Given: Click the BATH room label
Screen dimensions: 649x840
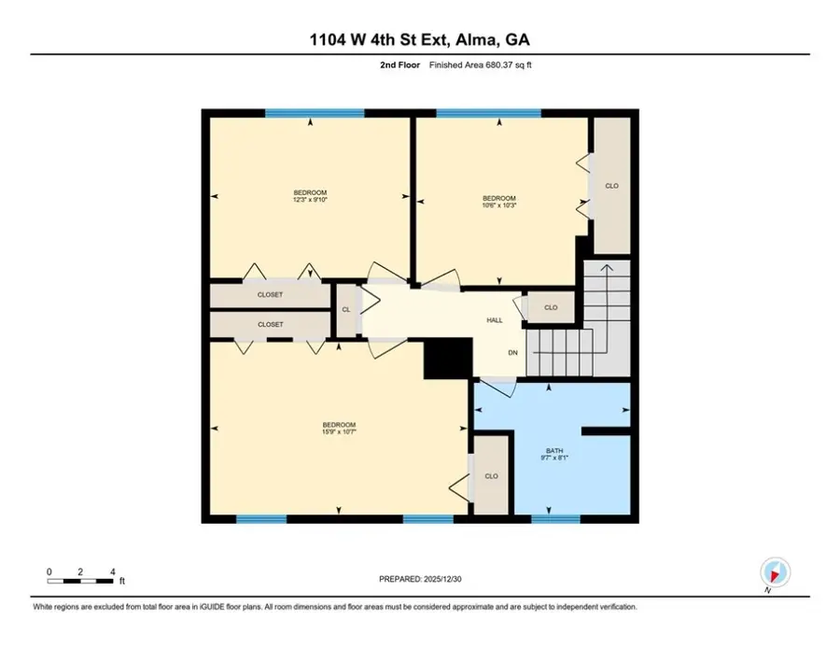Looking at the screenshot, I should coord(554,455).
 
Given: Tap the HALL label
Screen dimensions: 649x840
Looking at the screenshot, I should coord(494,320).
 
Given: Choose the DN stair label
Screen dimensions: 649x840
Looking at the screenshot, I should coord(512,353).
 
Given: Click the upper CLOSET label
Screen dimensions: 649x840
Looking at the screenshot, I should coord(270,295).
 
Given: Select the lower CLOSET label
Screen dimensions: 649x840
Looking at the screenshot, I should coord(270,324).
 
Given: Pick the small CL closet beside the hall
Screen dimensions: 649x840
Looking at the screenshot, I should coord(345,309).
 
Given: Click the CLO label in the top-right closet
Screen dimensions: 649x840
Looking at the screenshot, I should coord(611,186).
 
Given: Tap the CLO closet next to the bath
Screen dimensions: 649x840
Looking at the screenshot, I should coord(491,475).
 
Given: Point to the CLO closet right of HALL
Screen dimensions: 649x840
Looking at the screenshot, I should coord(551,307).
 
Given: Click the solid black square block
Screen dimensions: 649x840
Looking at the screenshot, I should coord(445,357).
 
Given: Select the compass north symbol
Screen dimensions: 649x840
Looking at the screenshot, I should coord(775,571).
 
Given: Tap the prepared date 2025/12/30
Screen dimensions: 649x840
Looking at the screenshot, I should coord(419,579).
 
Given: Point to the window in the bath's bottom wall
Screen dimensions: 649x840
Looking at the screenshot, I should coord(554,518).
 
